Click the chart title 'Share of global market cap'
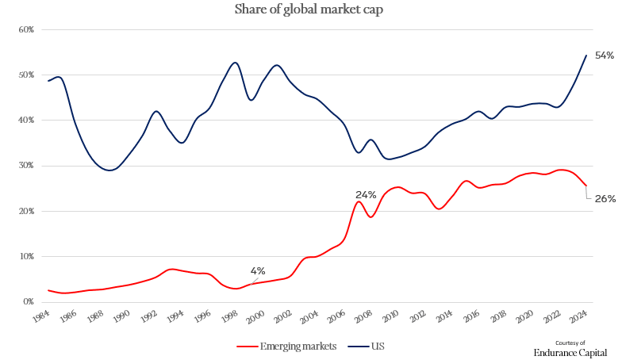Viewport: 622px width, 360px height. click(x=310, y=10)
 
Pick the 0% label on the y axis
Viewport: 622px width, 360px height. click(x=28, y=302)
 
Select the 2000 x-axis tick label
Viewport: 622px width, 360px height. click(x=255, y=318)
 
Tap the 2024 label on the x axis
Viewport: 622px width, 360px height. click(x=577, y=318)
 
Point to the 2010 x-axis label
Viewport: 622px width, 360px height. click(x=389, y=318)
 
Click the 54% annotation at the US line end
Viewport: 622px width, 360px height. click(x=605, y=55)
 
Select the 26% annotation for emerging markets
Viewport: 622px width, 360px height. click(x=605, y=198)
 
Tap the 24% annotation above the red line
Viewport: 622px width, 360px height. click(x=366, y=194)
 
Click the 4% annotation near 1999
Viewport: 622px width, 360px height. click(x=258, y=271)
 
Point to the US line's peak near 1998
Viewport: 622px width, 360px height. click(x=235, y=63)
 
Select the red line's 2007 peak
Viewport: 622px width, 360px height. click(x=359, y=201)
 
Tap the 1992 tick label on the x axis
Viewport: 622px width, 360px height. click(x=148, y=318)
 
